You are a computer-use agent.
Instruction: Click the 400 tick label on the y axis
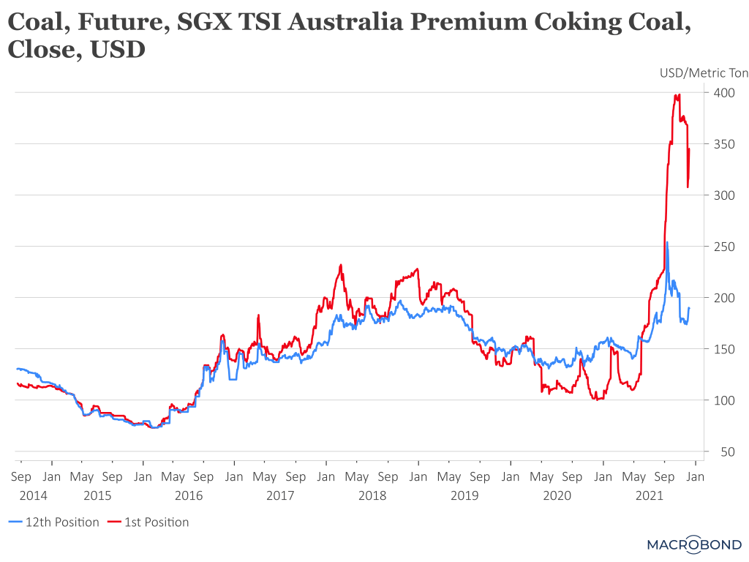pos(723,93)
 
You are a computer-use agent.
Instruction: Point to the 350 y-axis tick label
pos(723,144)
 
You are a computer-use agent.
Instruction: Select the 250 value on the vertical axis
pos(723,247)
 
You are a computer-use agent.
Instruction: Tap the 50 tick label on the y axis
pos(726,452)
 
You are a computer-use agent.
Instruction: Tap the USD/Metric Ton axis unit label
pos(704,72)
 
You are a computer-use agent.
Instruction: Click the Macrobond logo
pos(694,544)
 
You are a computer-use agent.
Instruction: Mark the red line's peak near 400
pos(680,94)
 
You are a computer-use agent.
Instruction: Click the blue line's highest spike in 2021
pos(666,242)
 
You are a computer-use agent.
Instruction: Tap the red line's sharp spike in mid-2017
pos(258,315)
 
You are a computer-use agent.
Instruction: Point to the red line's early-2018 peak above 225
pos(341,266)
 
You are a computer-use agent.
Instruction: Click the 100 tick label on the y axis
pos(723,400)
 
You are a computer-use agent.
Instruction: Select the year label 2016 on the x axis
pos(188,496)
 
